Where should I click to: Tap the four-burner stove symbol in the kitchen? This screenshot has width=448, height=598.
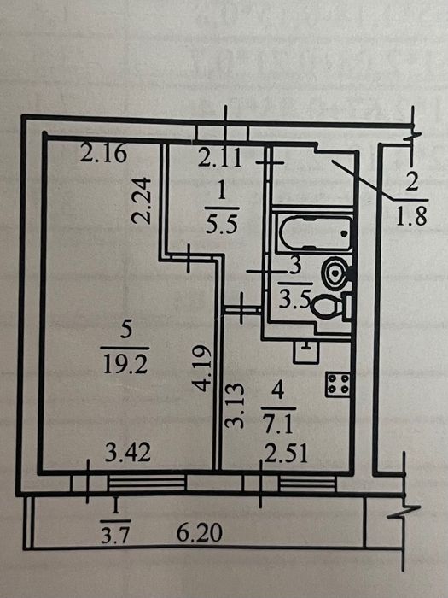pyautogui.click(x=338, y=384)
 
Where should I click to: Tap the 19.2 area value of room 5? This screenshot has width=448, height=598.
pyautogui.click(x=125, y=365)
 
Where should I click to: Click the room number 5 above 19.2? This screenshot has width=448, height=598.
pyautogui.click(x=125, y=330)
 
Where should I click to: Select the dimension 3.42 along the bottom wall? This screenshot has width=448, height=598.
pyautogui.click(x=128, y=452)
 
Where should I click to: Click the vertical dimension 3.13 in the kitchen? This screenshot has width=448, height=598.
pyautogui.click(x=234, y=406)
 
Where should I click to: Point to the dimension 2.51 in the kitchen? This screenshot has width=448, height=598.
pyautogui.click(x=286, y=454)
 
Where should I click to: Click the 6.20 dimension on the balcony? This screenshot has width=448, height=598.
pyautogui.click(x=199, y=532)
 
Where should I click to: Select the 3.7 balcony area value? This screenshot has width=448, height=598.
pyautogui.click(x=115, y=534)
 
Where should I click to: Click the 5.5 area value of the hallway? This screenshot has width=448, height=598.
pyautogui.click(x=221, y=224)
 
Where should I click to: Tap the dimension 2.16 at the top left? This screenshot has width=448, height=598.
pyautogui.click(x=103, y=153)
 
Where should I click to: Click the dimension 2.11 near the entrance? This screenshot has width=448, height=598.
pyautogui.click(x=220, y=158)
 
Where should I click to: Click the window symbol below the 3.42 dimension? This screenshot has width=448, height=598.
pyautogui.click(x=147, y=483)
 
